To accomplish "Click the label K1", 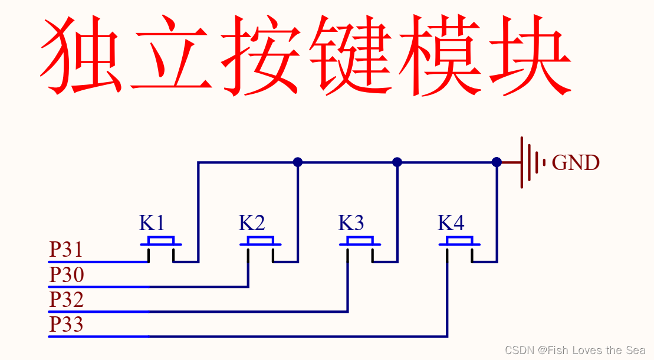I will pyautogui.click(x=152, y=223).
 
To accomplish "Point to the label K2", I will pyautogui.click(x=251, y=223).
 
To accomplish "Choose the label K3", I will pyautogui.click(x=351, y=223).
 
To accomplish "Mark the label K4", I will pyautogui.click(x=451, y=223).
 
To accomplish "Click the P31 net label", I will pyautogui.click(x=66, y=250).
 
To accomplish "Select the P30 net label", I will pyautogui.click(x=66, y=275).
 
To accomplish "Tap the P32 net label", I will pyautogui.click(x=66, y=300).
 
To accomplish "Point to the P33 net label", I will pyautogui.click(x=66, y=325).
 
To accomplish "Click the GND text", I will pyautogui.click(x=576, y=163).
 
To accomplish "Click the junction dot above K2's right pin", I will pyautogui.click(x=298, y=162).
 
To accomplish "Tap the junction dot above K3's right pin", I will pyautogui.click(x=397, y=162).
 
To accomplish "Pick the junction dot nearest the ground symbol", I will pyautogui.click(x=497, y=162).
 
